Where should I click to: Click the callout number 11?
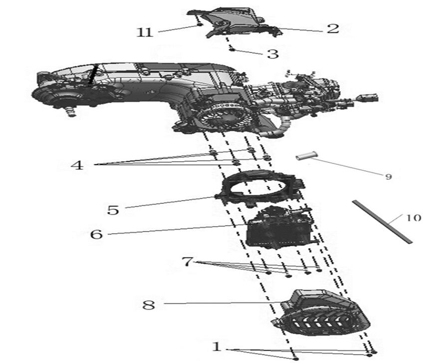pyautogui.click(x=145, y=32)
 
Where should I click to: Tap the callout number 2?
pyautogui.click(x=333, y=28)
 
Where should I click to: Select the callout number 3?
pyautogui.click(x=272, y=54)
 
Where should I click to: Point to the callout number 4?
pyautogui.click(x=77, y=165)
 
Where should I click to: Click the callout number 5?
pyautogui.click(x=113, y=209)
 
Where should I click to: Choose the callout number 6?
pyautogui.click(x=96, y=233)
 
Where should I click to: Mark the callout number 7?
pyautogui.click(x=187, y=261)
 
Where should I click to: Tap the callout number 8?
pyautogui.click(x=149, y=305)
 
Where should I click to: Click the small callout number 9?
pyautogui.click(x=388, y=177)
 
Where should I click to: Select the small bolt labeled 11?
pyautogui.click(x=198, y=24)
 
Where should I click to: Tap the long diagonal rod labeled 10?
pyautogui.click(x=382, y=222)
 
